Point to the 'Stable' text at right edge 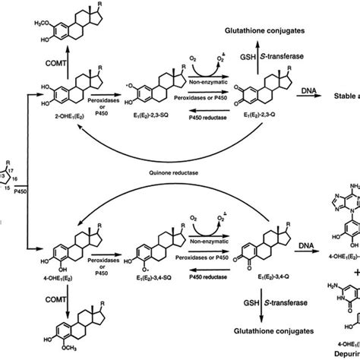pos(346,96)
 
